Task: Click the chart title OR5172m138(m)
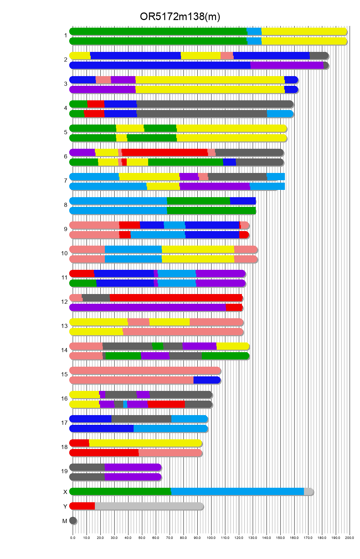click(x=180, y=17)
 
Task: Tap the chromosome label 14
click(x=64, y=350)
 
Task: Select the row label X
click(x=65, y=492)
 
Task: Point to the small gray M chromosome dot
click(x=73, y=521)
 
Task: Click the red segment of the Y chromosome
click(x=82, y=506)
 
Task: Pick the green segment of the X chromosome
click(x=120, y=492)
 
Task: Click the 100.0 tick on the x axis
click(x=211, y=538)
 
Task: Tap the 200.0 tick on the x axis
click(x=350, y=538)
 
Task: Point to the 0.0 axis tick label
click(x=73, y=538)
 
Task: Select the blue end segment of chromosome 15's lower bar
click(x=207, y=380)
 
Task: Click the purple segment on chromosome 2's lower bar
click(x=287, y=65)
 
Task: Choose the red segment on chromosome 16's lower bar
click(x=166, y=404)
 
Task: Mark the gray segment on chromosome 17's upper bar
click(x=141, y=419)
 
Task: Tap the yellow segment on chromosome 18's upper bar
click(x=145, y=443)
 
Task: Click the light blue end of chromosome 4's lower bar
click(x=280, y=114)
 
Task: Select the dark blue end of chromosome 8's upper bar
click(x=243, y=201)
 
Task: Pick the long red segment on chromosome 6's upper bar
click(x=164, y=153)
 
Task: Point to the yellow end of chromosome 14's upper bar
click(x=232, y=346)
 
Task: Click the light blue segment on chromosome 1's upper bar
click(x=254, y=31)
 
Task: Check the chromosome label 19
click(x=64, y=471)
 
